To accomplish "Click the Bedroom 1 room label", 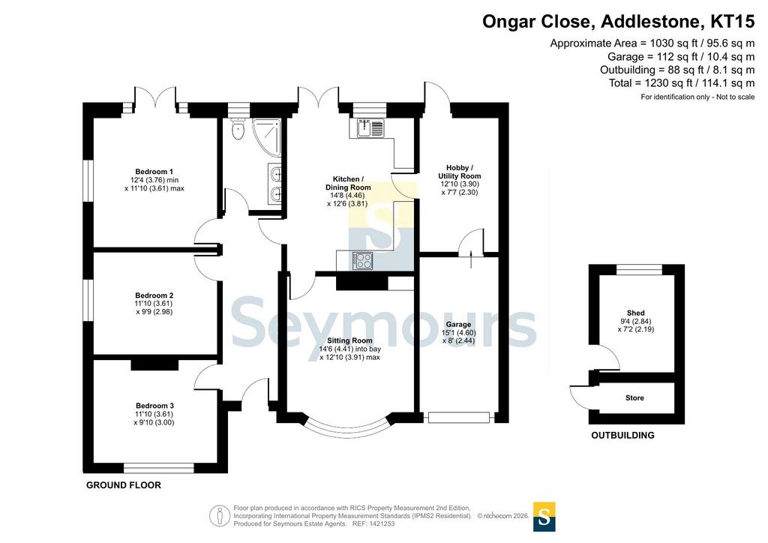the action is click(154, 172).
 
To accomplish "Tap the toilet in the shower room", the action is click(238, 128).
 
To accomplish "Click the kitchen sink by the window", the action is click(370, 128).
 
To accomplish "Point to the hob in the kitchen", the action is click(362, 260).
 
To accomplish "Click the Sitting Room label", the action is click(349, 340).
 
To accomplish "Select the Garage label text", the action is click(458, 325).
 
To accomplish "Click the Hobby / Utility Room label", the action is click(460, 172).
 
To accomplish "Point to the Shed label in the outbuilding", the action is click(636, 313).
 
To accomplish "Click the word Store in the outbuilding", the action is click(634, 398).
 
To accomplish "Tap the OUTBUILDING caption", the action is click(622, 435).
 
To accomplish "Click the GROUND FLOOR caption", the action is click(124, 485).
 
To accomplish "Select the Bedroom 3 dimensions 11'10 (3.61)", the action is click(154, 414).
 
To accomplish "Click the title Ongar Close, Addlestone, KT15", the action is click(618, 22).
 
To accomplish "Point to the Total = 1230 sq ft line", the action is click(681, 83).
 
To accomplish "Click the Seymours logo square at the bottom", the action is click(544, 517).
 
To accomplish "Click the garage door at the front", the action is click(459, 418).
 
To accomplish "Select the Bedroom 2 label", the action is click(154, 295).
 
